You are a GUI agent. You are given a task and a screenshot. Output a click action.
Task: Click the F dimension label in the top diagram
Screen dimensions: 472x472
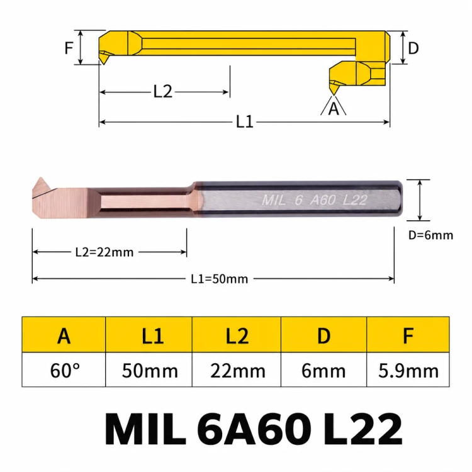tap(69, 48)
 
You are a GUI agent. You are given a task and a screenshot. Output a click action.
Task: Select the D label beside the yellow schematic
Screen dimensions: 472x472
tap(413, 48)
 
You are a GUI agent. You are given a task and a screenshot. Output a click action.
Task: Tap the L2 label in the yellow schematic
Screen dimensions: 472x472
tap(163, 91)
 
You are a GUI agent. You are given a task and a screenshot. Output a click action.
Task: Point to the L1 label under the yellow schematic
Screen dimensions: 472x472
tap(244, 122)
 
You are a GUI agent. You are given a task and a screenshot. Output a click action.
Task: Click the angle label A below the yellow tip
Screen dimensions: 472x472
tap(334, 109)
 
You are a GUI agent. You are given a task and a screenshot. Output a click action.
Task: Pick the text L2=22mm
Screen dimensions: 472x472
tap(104, 252)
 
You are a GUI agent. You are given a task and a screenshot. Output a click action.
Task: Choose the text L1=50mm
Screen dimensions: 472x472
tap(220, 279)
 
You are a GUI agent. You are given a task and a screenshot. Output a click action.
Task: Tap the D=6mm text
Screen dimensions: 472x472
tap(430, 235)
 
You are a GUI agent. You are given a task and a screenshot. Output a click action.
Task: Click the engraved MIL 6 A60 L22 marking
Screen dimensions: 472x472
tap(315, 200)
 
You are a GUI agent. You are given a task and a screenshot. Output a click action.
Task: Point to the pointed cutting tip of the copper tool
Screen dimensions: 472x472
tap(40, 178)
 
